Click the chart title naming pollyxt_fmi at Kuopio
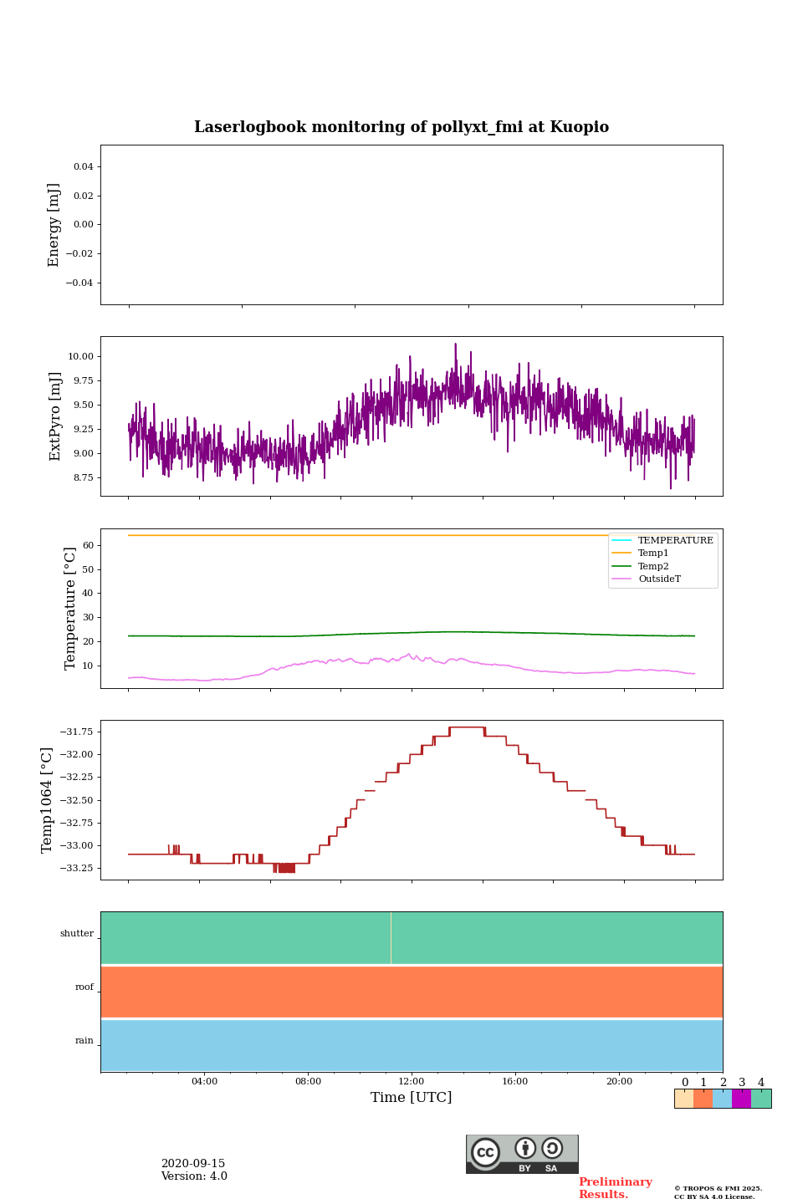401,127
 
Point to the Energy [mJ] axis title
54,225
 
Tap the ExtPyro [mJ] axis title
55,416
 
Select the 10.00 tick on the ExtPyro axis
80,357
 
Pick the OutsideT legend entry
659,579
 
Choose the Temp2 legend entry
653,566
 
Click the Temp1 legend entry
653,554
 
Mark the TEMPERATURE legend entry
675,541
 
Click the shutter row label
77,934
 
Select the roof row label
84,987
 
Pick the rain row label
84,1041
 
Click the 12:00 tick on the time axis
412,1082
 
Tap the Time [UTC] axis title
412,1098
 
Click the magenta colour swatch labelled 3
741,1099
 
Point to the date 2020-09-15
193,1164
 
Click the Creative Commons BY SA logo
522,1154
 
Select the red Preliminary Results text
615,1188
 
